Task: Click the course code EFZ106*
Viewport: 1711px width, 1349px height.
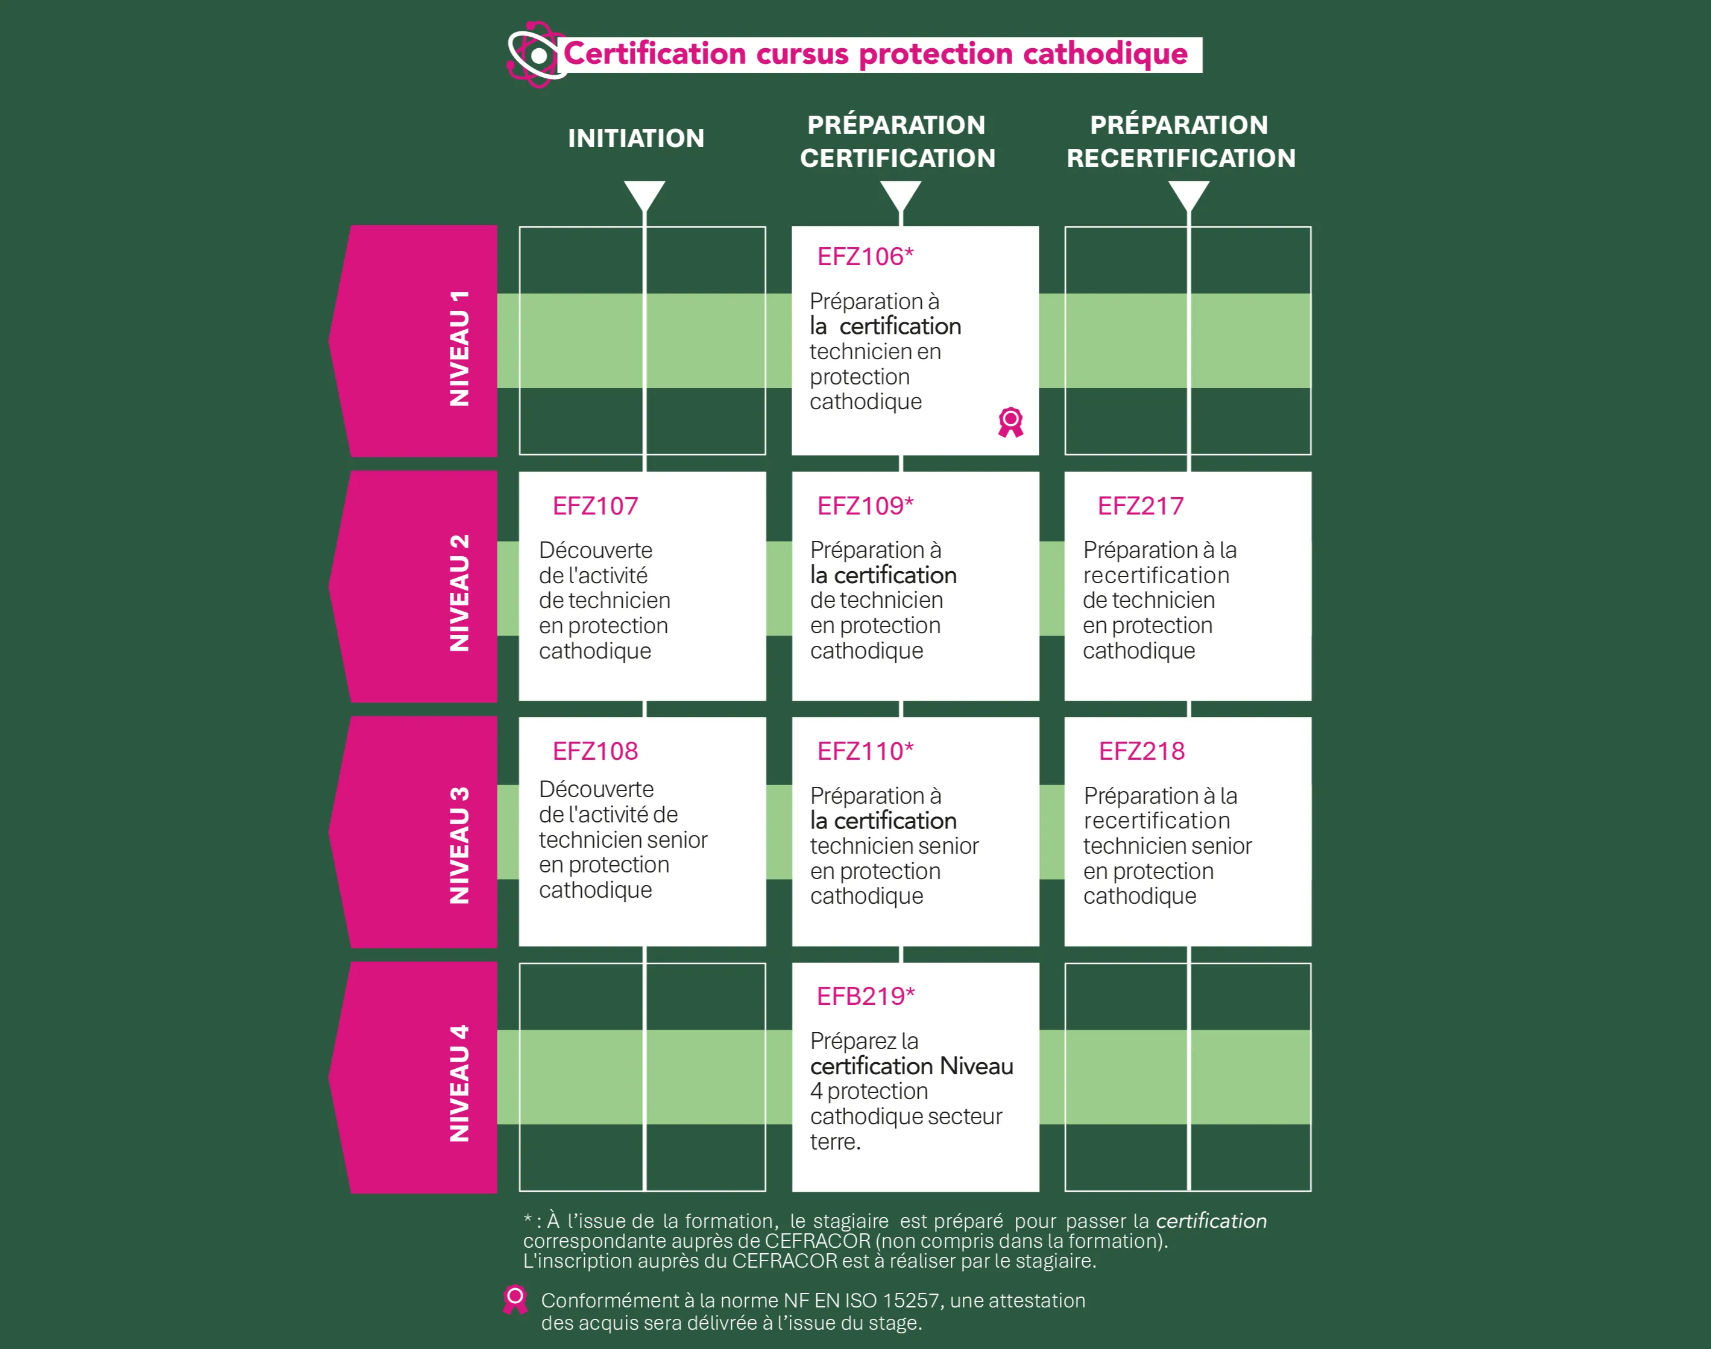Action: (x=865, y=257)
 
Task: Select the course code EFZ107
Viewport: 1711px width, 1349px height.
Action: (x=595, y=505)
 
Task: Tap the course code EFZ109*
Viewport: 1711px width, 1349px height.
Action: (x=865, y=505)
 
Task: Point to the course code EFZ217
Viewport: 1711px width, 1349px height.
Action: (x=1141, y=505)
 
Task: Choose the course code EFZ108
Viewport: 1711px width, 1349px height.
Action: (x=595, y=751)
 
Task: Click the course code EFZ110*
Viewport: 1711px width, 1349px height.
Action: (x=865, y=751)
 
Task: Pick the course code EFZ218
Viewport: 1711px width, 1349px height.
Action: (x=1141, y=751)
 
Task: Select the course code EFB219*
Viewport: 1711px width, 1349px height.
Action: (x=865, y=997)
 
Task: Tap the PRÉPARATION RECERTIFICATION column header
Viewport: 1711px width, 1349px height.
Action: (x=1180, y=142)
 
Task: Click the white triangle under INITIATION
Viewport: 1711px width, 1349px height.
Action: (x=644, y=194)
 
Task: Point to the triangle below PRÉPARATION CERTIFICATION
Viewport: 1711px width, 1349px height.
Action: (x=900, y=194)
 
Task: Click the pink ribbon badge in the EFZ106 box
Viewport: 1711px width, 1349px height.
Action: (x=1010, y=422)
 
